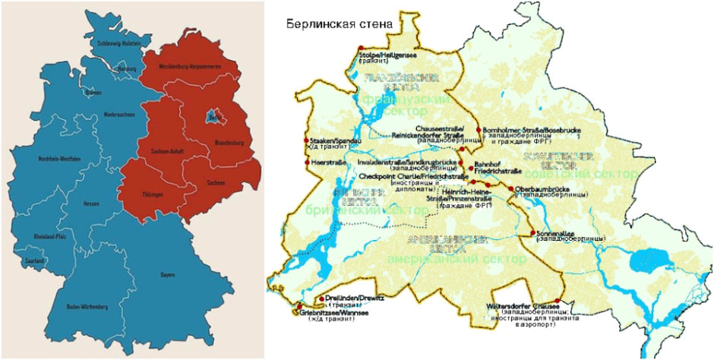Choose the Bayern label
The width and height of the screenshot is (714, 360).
point(167,274)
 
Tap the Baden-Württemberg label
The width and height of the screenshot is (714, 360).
point(86,307)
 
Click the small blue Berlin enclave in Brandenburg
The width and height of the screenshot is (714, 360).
point(212,117)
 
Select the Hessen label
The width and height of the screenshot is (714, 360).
point(91,204)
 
